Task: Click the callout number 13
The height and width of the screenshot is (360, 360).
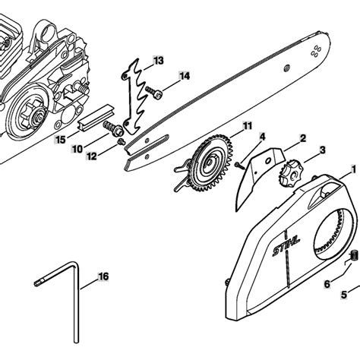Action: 157,59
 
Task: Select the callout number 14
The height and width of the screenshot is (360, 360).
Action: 185,76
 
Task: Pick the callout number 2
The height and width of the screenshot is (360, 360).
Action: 302,137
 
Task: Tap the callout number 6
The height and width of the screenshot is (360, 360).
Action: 327,284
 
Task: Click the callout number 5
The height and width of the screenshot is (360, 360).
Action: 343,293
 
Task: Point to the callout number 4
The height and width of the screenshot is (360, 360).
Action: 261,136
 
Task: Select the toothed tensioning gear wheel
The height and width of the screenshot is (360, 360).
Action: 208,167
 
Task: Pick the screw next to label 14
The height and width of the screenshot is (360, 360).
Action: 156,93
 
